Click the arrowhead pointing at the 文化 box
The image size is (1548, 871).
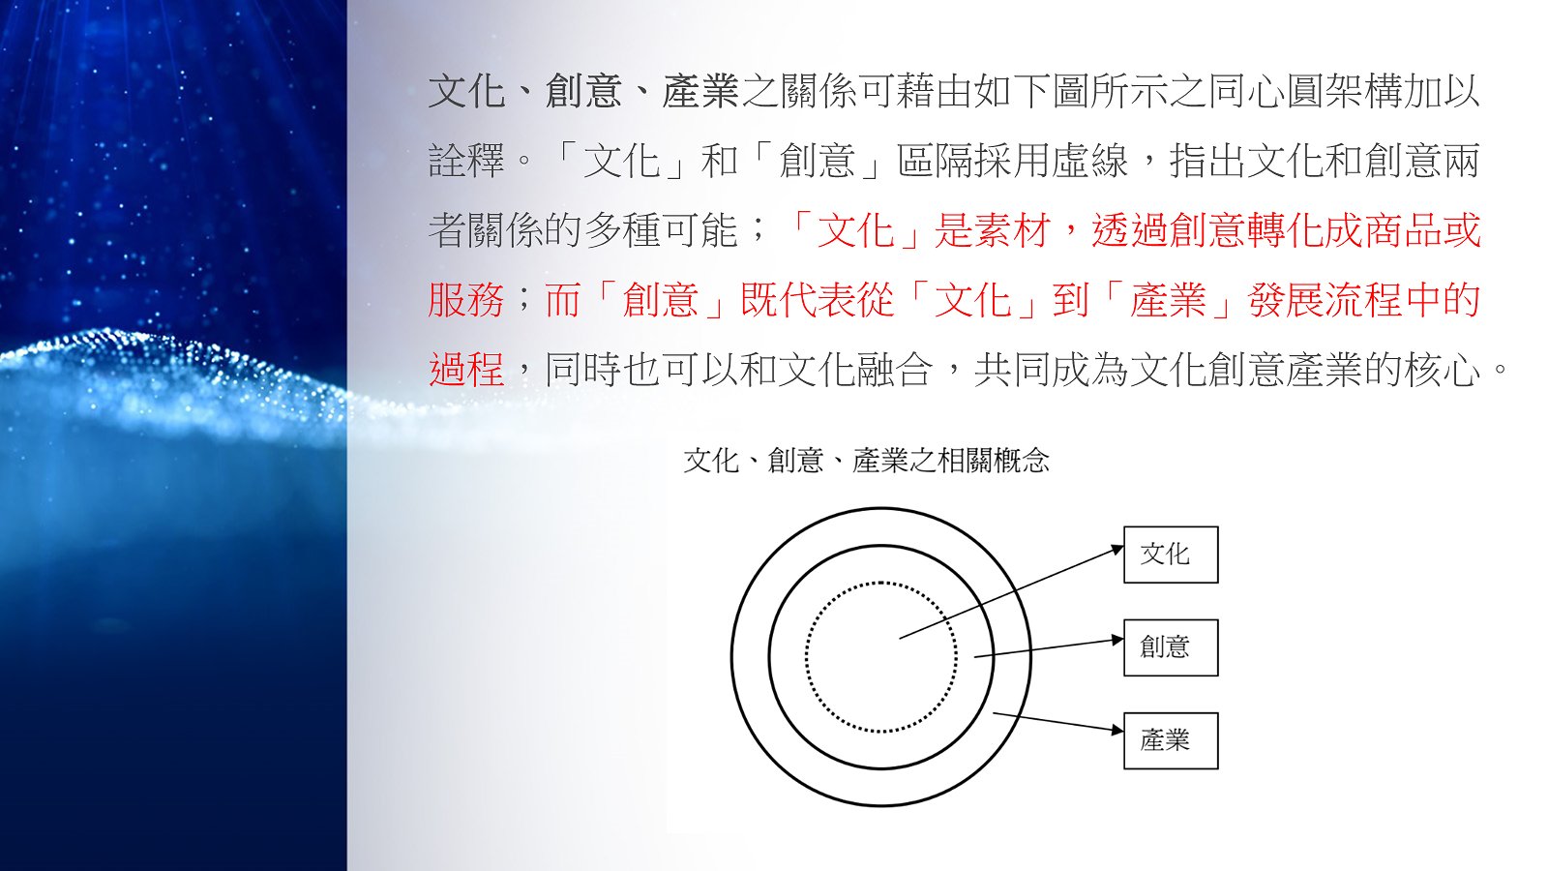coord(1116,550)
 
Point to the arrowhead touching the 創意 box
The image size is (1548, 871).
coord(1117,640)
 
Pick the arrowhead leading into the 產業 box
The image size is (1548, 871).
coord(1117,730)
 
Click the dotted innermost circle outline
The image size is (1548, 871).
coord(806,657)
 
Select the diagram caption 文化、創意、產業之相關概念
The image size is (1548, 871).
coord(867,461)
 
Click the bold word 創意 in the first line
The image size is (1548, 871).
coord(583,91)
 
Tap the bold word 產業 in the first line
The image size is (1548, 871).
coord(700,91)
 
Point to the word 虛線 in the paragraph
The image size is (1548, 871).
coord(1089,161)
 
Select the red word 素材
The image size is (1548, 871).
coord(1012,230)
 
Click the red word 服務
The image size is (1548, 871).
coord(466,300)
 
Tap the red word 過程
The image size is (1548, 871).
coord(466,370)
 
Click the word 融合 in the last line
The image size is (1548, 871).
coord(895,370)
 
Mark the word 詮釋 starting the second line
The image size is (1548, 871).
coord(466,161)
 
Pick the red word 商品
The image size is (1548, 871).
coord(1403,230)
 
